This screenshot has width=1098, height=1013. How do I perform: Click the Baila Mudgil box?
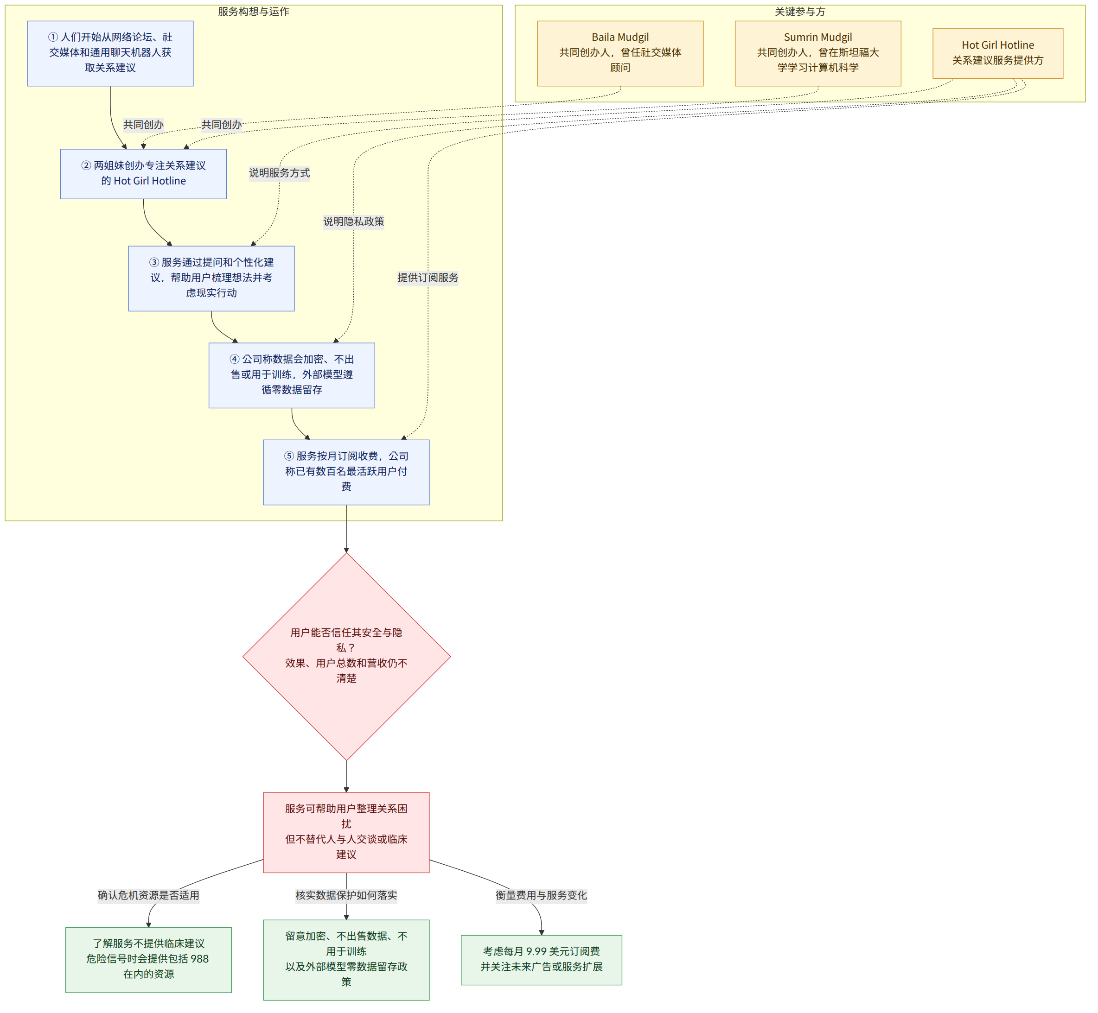[x=620, y=53]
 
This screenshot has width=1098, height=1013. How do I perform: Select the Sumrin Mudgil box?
[x=818, y=53]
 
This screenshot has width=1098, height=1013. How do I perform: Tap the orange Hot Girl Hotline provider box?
[x=998, y=53]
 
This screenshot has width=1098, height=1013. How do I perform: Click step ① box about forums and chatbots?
[x=110, y=53]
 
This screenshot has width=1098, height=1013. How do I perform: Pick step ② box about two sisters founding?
[x=143, y=174]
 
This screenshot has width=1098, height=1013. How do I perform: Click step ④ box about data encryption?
[x=292, y=375]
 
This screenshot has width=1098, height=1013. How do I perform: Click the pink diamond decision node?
[x=347, y=656]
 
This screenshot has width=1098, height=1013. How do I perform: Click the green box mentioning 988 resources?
[x=149, y=960]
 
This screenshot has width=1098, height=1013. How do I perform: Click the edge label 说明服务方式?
[x=279, y=173]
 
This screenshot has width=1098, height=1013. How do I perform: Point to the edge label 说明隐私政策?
[x=353, y=222]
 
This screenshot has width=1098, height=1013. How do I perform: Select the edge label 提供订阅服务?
[x=428, y=278]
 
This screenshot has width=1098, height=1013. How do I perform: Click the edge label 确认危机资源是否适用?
[x=149, y=895]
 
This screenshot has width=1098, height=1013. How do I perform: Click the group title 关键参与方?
[x=800, y=12]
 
